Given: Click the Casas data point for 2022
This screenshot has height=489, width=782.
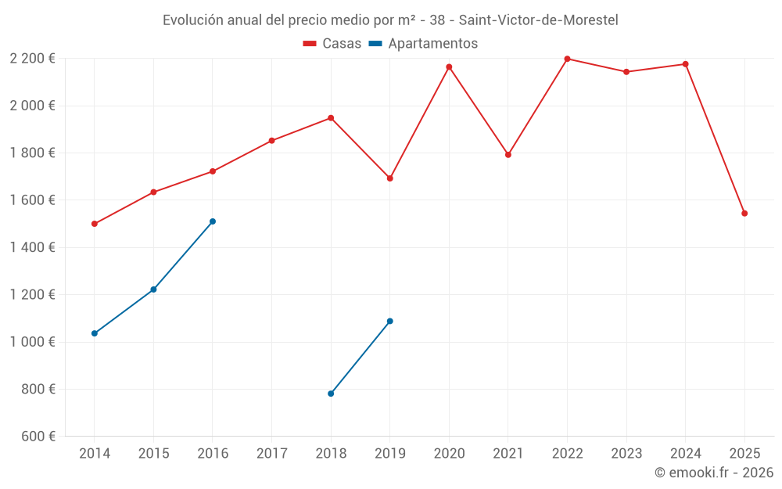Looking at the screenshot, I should pyautogui.click(x=567, y=59).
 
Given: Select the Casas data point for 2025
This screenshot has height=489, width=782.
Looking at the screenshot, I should pyautogui.click(x=744, y=214).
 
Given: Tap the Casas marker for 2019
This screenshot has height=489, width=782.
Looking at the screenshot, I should pyautogui.click(x=390, y=178).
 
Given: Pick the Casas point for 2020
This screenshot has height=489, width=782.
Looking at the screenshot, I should pyautogui.click(x=449, y=67).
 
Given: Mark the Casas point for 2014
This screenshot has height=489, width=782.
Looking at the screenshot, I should pyautogui.click(x=95, y=224).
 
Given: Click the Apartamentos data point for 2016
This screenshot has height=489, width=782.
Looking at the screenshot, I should pyautogui.click(x=213, y=221).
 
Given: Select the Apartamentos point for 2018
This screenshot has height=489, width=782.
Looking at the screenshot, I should pyautogui.click(x=331, y=394).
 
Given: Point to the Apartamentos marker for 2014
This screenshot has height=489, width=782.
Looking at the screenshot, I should pyautogui.click(x=95, y=333).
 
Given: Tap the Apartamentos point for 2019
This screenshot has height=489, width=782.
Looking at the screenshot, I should pyautogui.click(x=390, y=321).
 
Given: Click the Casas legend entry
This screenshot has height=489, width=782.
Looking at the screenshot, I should pyautogui.click(x=332, y=44).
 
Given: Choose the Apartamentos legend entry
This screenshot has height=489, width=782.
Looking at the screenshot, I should pyautogui.click(x=423, y=44).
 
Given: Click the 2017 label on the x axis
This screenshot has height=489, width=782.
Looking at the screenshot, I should pyautogui.click(x=271, y=454).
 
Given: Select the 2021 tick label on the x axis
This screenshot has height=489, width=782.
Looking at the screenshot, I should pyautogui.click(x=508, y=454).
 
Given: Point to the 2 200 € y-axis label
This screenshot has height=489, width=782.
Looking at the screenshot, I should pyautogui.click(x=32, y=59).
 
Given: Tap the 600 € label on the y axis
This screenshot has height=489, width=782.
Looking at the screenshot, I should pyautogui.click(x=37, y=437).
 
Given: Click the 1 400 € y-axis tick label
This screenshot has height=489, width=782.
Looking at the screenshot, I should pyautogui.click(x=32, y=247).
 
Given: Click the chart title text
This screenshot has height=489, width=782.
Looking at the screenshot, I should pyautogui.click(x=390, y=20).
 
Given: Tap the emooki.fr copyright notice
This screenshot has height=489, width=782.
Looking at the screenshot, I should pyautogui.click(x=713, y=473).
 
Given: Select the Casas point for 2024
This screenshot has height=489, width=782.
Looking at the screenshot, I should pyautogui.click(x=686, y=64).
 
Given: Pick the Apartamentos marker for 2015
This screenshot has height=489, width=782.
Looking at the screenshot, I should pyautogui.click(x=153, y=289).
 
